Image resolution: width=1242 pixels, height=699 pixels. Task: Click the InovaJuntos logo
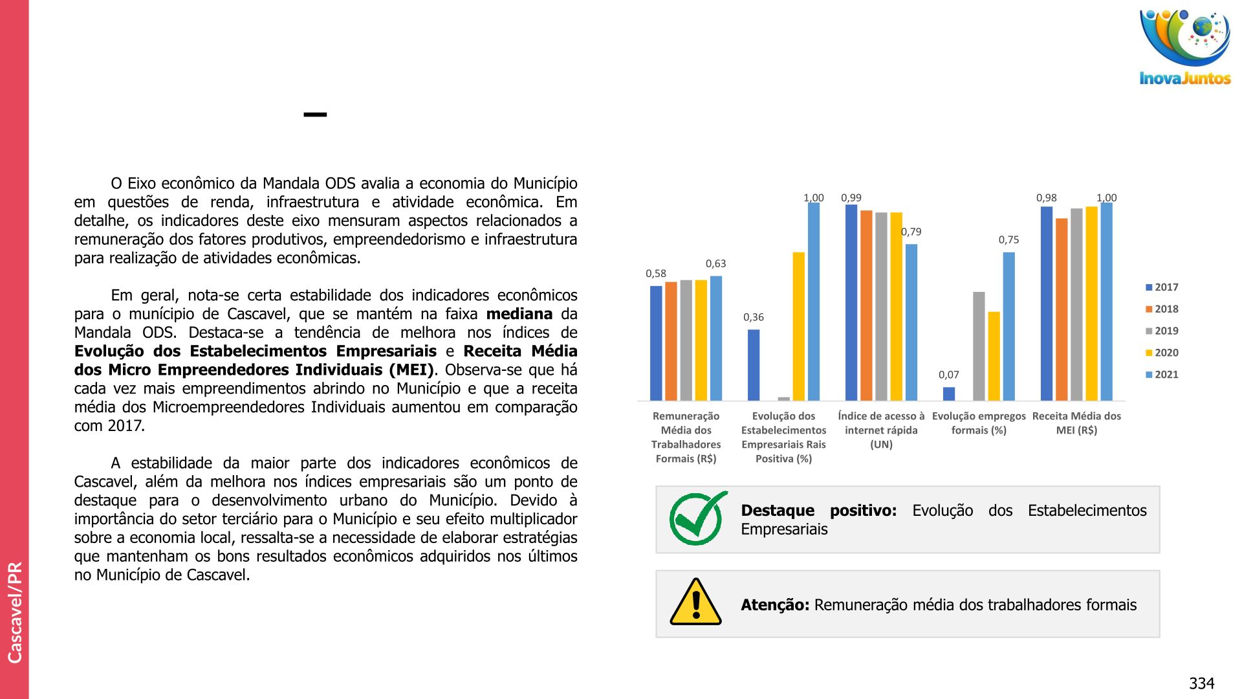point(1185,47)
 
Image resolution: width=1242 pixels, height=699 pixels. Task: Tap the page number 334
point(1201,683)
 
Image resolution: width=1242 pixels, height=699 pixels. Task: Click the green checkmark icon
point(697,518)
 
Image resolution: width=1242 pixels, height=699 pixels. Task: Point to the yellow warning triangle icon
point(695,603)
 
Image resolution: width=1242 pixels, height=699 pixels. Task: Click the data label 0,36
point(753,317)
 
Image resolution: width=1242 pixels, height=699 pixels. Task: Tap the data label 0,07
point(948,375)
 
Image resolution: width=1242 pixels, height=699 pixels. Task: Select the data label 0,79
point(911,232)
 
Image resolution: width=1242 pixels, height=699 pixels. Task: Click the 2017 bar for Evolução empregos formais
point(949,394)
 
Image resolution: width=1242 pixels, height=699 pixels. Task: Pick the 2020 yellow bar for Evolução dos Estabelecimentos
point(799,326)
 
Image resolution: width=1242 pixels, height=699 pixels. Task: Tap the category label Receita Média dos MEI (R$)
point(1076,423)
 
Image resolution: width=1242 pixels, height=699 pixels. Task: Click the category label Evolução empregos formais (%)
point(979,423)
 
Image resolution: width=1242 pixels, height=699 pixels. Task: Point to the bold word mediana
point(519,315)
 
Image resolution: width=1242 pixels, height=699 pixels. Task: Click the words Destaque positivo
point(818,511)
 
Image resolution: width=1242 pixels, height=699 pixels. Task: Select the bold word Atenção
point(774,605)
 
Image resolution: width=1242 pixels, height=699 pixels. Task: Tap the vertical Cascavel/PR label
point(15,612)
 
